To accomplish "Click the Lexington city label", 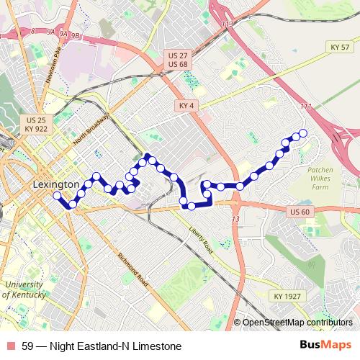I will pyautogui.click(x=56, y=185).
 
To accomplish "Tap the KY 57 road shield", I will pyautogui.click(x=340, y=48).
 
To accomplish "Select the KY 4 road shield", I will pyautogui.click(x=186, y=106).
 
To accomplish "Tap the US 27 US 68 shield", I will pyautogui.click(x=177, y=60).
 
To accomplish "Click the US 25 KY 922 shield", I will pyautogui.click(x=36, y=124).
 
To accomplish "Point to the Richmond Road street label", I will pyautogui.click(x=132, y=269).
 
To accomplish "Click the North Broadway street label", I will pyautogui.click(x=91, y=131).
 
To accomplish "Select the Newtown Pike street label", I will pyautogui.click(x=51, y=64).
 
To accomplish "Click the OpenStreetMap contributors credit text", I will pyautogui.click(x=297, y=322).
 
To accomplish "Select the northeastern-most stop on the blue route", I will pyautogui.click(x=303, y=132).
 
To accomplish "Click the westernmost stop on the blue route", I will pyautogui.click(x=58, y=194).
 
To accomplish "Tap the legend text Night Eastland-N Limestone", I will pyautogui.click(x=115, y=346).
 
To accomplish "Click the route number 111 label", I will pyautogui.click(x=306, y=107).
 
